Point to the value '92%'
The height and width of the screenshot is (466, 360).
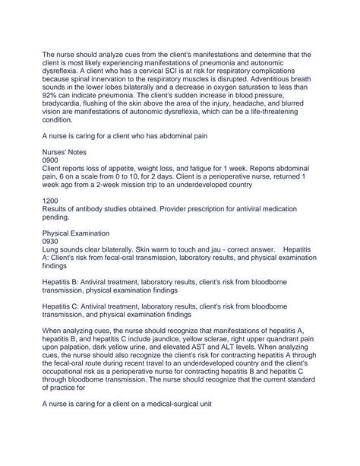53,98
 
